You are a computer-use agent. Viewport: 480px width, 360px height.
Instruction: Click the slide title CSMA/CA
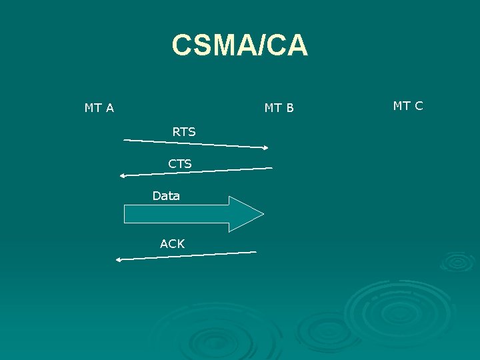(x=239, y=45)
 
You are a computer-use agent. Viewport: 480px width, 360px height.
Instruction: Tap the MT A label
(x=99, y=107)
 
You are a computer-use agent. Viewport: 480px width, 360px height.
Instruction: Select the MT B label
(x=279, y=108)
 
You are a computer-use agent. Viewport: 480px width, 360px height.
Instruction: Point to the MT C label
(x=408, y=105)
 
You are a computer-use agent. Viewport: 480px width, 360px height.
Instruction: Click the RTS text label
(x=184, y=132)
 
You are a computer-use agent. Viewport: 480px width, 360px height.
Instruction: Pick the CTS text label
(x=180, y=163)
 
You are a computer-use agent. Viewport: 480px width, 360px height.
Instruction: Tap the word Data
(x=166, y=196)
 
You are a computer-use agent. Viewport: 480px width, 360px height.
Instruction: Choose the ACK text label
(x=173, y=244)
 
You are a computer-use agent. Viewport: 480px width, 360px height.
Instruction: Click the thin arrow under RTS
(x=196, y=143)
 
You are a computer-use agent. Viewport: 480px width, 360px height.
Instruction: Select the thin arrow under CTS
(x=196, y=172)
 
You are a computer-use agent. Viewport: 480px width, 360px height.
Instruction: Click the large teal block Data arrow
(x=187, y=214)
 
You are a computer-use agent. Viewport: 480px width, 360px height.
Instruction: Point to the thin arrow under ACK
(x=186, y=255)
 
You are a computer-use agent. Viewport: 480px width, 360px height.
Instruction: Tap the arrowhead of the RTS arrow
(x=265, y=147)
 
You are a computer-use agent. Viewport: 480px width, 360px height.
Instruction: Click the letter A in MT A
(x=109, y=107)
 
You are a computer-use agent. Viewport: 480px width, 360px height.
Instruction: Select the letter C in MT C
(x=418, y=105)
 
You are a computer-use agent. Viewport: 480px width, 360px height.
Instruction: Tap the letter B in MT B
(x=289, y=108)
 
